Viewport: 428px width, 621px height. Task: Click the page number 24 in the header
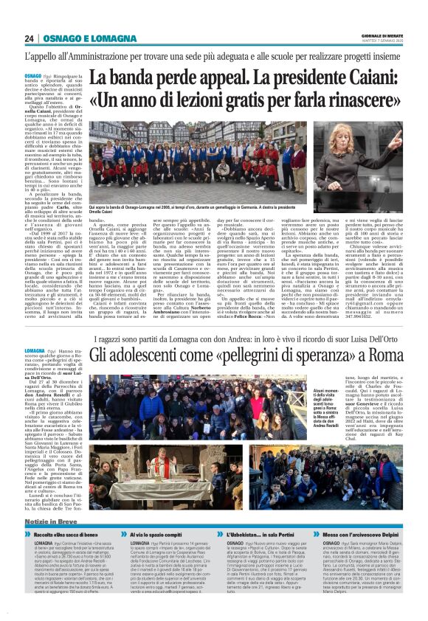pos(30,38)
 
